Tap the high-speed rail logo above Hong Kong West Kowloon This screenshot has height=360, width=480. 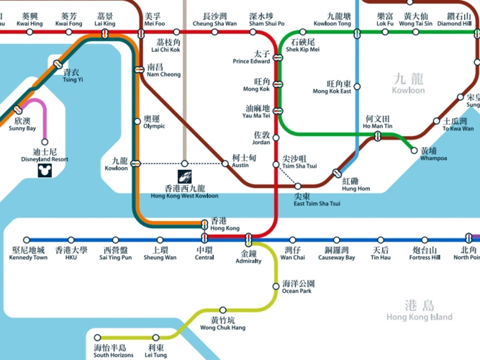coord(185,176)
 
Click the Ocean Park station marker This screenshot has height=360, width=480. coord(276,287)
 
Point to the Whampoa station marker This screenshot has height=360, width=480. coord(414,150)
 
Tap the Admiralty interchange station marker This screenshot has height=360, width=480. coord(248,239)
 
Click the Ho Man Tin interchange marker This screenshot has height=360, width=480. coord(377,136)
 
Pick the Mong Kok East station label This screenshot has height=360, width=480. coord(332,87)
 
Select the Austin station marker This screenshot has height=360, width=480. coord(226,164)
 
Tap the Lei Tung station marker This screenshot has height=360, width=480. coord(156,336)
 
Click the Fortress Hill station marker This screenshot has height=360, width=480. coord(423,240)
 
